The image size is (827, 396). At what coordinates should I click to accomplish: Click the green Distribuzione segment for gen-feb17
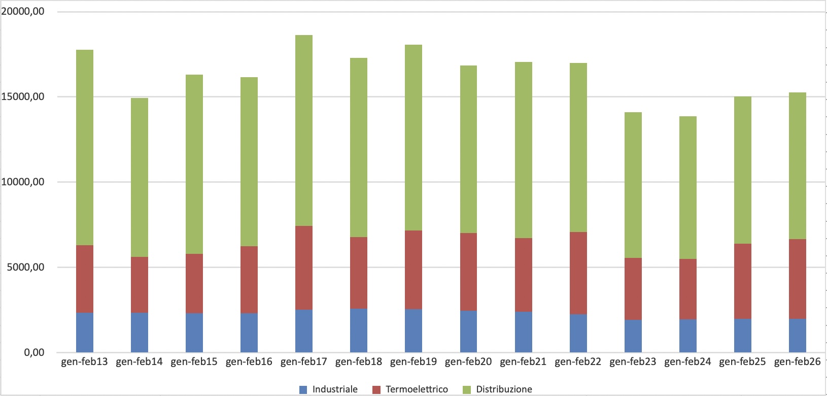click(x=303, y=130)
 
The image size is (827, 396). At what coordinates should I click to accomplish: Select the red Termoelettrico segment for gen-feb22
click(x=578, y=273)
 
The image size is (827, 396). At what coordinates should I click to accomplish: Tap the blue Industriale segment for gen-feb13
click(x=84, y=333)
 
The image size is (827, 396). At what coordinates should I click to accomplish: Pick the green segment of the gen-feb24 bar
click(x=687, y=187)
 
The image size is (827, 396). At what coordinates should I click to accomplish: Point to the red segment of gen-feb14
click(x=139, y=285)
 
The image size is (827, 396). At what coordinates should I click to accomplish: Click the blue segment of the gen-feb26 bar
click(x=797, y=336)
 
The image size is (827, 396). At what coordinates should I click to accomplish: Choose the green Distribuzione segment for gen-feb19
click(x=413, y=138)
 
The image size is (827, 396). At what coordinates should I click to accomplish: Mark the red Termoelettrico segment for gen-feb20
click(x=468, y=272)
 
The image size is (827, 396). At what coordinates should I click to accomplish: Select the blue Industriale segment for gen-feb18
click(x=358, y=331)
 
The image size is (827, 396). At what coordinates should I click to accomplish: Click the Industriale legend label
click(x=335, y=389)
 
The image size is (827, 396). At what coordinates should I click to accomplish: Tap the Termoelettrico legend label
click(x=417, y=389)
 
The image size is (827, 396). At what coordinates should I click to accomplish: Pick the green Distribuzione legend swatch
click(x=467, y=389)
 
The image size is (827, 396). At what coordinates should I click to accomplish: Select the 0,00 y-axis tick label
click(x=34, y=352)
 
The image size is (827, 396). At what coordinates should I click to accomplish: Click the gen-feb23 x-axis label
click(x=633, y=362)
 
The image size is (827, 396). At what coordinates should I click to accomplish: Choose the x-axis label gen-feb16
click(x=249, y=362)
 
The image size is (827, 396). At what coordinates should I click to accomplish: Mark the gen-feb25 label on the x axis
click(x=742, y=362)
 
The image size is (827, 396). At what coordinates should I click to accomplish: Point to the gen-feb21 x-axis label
click(x=523, y=362)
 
